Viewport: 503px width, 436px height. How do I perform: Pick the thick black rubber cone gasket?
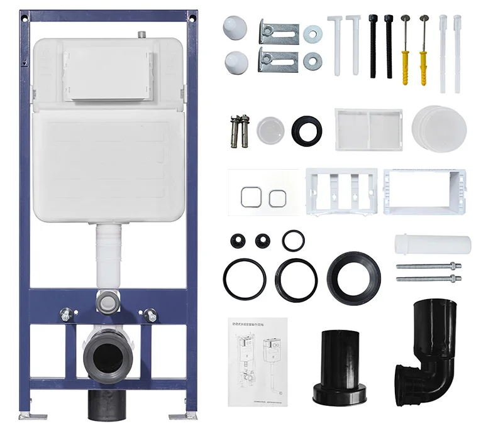pos(353,277)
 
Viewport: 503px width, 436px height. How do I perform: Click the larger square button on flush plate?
pos(249,197)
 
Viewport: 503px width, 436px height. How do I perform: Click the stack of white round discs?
pos(439,128)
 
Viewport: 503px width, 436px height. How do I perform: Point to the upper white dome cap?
pos(236,28)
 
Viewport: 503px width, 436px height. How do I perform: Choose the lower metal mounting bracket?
pos(278,60)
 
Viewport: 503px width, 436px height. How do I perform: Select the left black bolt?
pos(373,46)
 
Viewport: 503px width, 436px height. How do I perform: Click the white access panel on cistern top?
pos(108,75)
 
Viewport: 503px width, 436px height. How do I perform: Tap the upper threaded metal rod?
pos(429,266)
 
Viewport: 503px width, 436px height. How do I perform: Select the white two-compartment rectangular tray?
pos(368,129)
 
